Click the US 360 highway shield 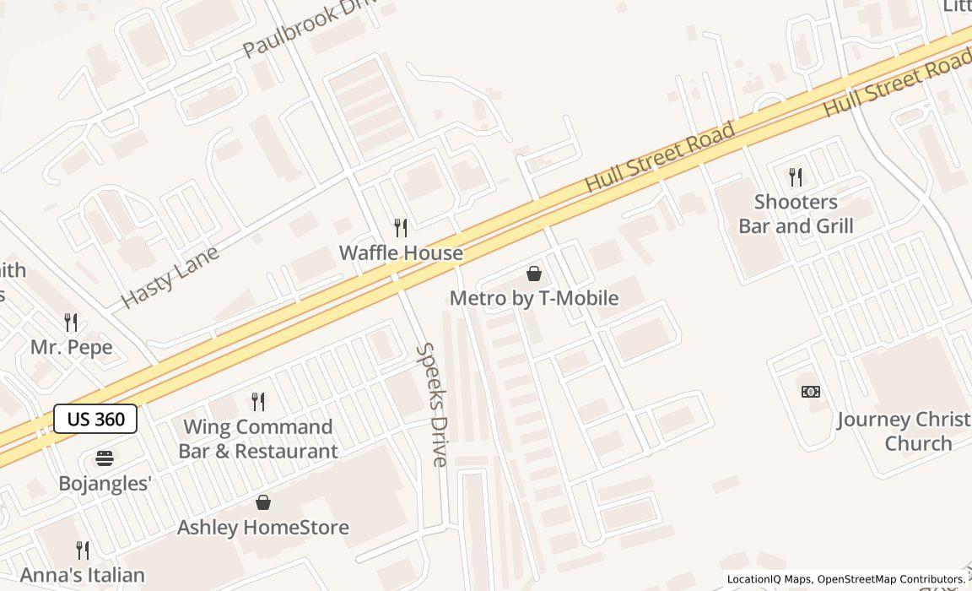pos(95,419)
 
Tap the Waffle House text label pos(401,252)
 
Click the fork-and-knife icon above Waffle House pos(401,227)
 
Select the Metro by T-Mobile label pos(533,298)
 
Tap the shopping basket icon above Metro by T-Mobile pos(533,274)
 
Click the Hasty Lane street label pos(170,276)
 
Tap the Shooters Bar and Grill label pos(796,214)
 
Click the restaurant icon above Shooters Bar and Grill pos(796,176)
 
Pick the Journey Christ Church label pos(904,431)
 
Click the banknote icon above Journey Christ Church pos(811,392)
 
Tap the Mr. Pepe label pos(71,347)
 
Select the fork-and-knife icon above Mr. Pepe pos(71,322)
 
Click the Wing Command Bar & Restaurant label pos(258,439)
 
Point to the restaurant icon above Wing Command pos(258,402)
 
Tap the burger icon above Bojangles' pos(105,458)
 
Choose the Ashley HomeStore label pos(262,528)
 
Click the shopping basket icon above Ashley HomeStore pos(263,502)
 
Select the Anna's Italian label pos(83,576)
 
